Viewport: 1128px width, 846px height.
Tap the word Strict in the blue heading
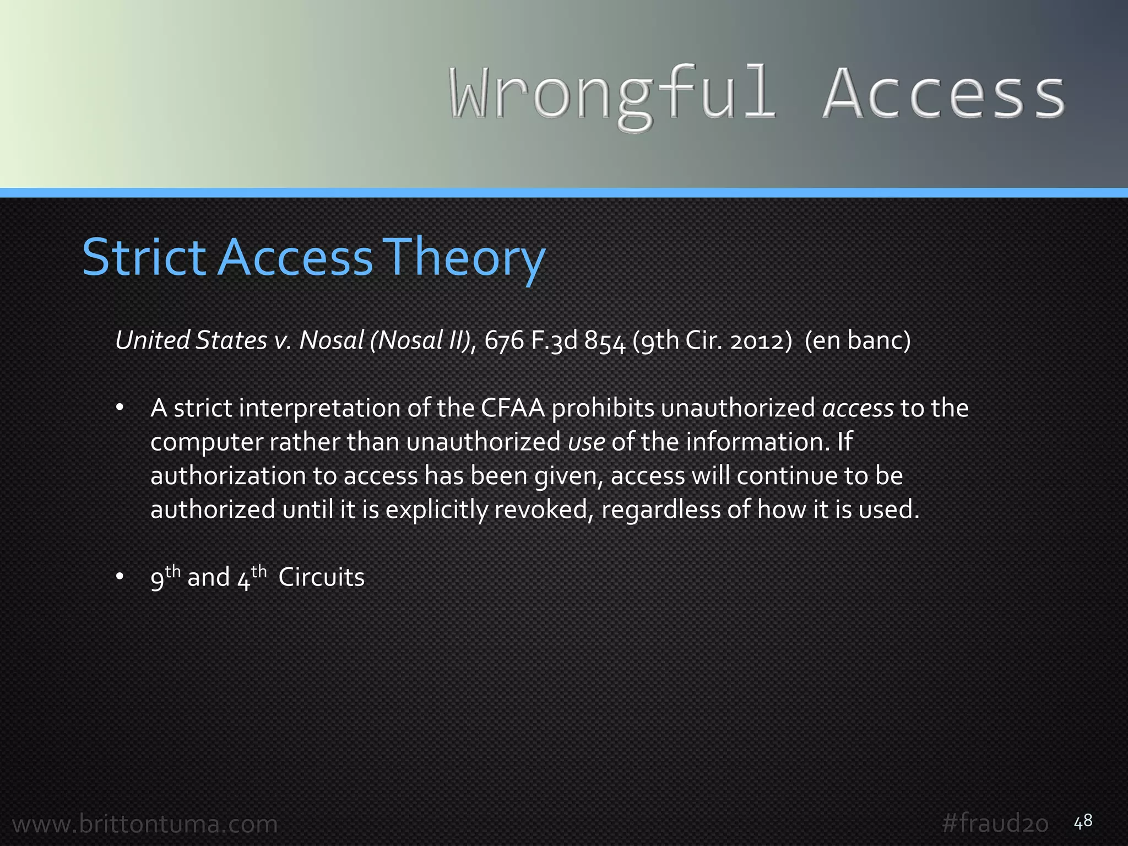point(144,257)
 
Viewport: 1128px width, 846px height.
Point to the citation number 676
point(504,340)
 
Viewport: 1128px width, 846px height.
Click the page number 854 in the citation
point(605,340)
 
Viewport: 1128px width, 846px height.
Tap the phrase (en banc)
point(858,340)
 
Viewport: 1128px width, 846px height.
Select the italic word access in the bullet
point(858,408)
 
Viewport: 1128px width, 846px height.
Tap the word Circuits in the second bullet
point(322,578)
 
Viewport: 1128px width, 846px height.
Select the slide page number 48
point(1083,822)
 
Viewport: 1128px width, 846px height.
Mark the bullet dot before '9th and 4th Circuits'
point(120,577)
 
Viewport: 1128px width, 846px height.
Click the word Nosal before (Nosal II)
point(331,340)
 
